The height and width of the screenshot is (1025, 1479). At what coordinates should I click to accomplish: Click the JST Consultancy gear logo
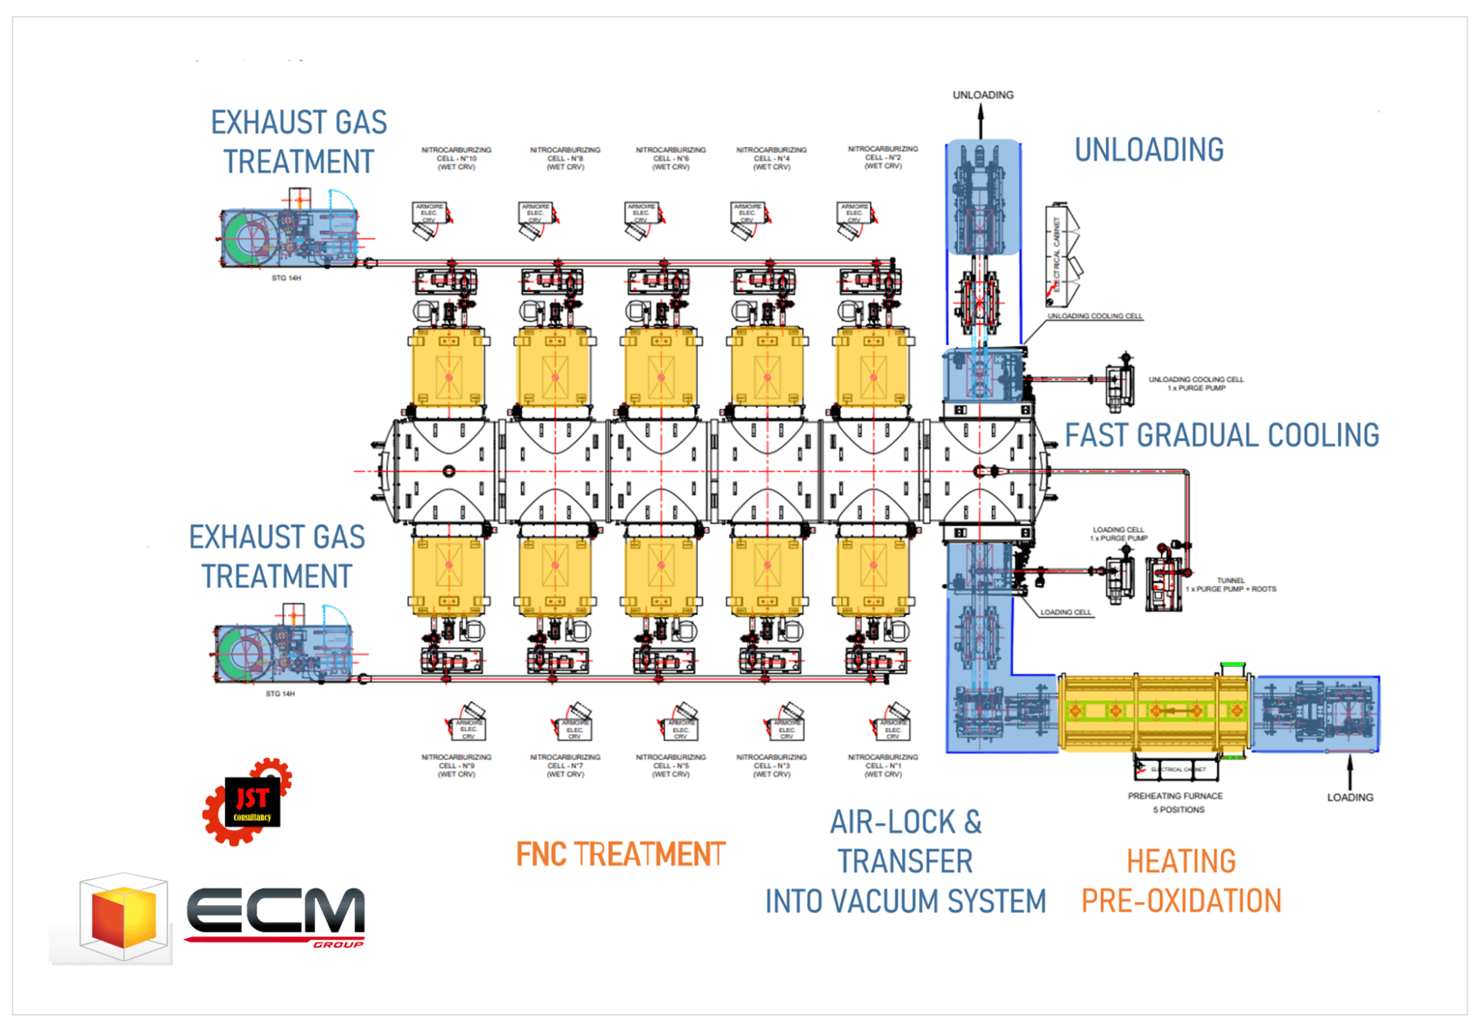coord(248,801)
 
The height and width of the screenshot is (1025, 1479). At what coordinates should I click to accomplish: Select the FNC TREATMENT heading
coord(620,854)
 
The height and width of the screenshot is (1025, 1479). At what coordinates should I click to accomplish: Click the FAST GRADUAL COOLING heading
coord(1222,435)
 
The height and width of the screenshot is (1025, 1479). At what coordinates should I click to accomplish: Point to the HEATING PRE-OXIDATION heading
coord(1181,881)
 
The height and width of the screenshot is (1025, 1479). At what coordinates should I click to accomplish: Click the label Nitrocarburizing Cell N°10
coord(456,158)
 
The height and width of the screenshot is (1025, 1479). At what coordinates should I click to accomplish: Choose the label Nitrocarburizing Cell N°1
coord(883,765)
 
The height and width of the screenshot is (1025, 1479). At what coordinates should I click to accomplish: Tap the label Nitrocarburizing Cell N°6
coord(670,158)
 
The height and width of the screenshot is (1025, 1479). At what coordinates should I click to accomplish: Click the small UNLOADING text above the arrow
coord(983,95)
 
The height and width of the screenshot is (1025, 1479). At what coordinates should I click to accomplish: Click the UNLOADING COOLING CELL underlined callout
coord(1095,316)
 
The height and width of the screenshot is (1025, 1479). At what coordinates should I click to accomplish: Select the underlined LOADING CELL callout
coord(1065,612)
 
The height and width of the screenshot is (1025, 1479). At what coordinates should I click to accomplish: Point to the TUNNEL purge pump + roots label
coord(1231,585)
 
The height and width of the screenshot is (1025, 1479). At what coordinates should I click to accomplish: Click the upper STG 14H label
coord(286,278)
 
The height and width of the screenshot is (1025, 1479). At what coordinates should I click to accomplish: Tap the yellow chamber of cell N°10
coord(449,369)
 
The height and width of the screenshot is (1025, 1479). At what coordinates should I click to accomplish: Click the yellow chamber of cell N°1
coord(873,574)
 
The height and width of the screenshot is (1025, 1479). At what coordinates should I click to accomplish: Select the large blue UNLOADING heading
coord(1149,149)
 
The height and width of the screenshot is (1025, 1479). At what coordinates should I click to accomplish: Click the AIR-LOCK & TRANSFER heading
coord(905,842)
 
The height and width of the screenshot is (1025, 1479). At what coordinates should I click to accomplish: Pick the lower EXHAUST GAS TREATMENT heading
coord(277,556)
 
